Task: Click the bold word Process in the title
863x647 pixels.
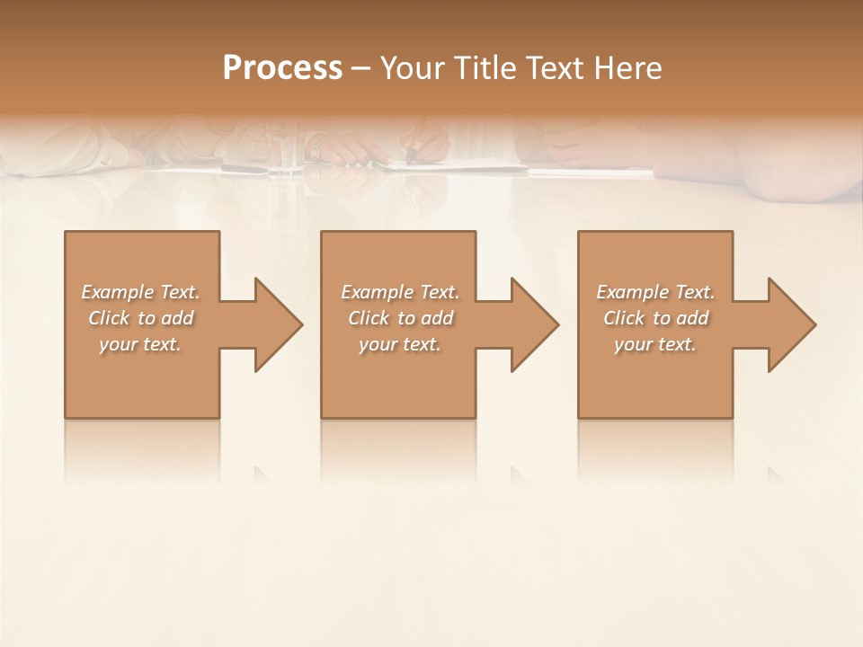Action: click(x=282, y=68)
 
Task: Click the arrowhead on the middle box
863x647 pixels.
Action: click(x=533, y=324)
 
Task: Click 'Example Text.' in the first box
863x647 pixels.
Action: click(x=141, y=292)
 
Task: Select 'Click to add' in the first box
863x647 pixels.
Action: click(x=141, y=318)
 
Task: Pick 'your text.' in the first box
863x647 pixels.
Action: click(x=141, y=344)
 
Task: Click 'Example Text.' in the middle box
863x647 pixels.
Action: click(x=400, y=292)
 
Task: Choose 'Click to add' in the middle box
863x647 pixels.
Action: click(x=400, y=318)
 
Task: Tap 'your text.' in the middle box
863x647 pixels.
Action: click(x=400, y=344)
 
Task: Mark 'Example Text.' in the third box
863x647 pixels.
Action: click(x=655, y=292)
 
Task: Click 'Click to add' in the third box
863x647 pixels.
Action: click(x=655, y=318)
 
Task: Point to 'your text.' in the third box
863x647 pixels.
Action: click(x=655, y=344)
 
